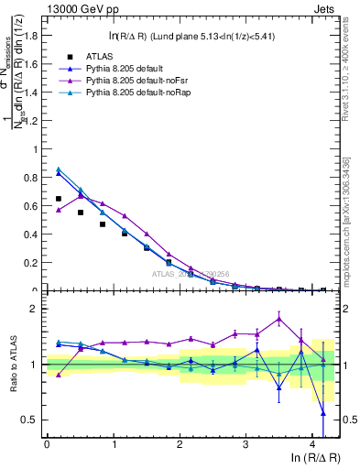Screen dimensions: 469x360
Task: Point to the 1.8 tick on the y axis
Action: point(33,36)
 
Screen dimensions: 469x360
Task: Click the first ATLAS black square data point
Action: point(59,198)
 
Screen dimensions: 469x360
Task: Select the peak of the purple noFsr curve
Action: point(81,196)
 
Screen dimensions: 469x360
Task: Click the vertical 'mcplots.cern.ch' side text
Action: point(352,229)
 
